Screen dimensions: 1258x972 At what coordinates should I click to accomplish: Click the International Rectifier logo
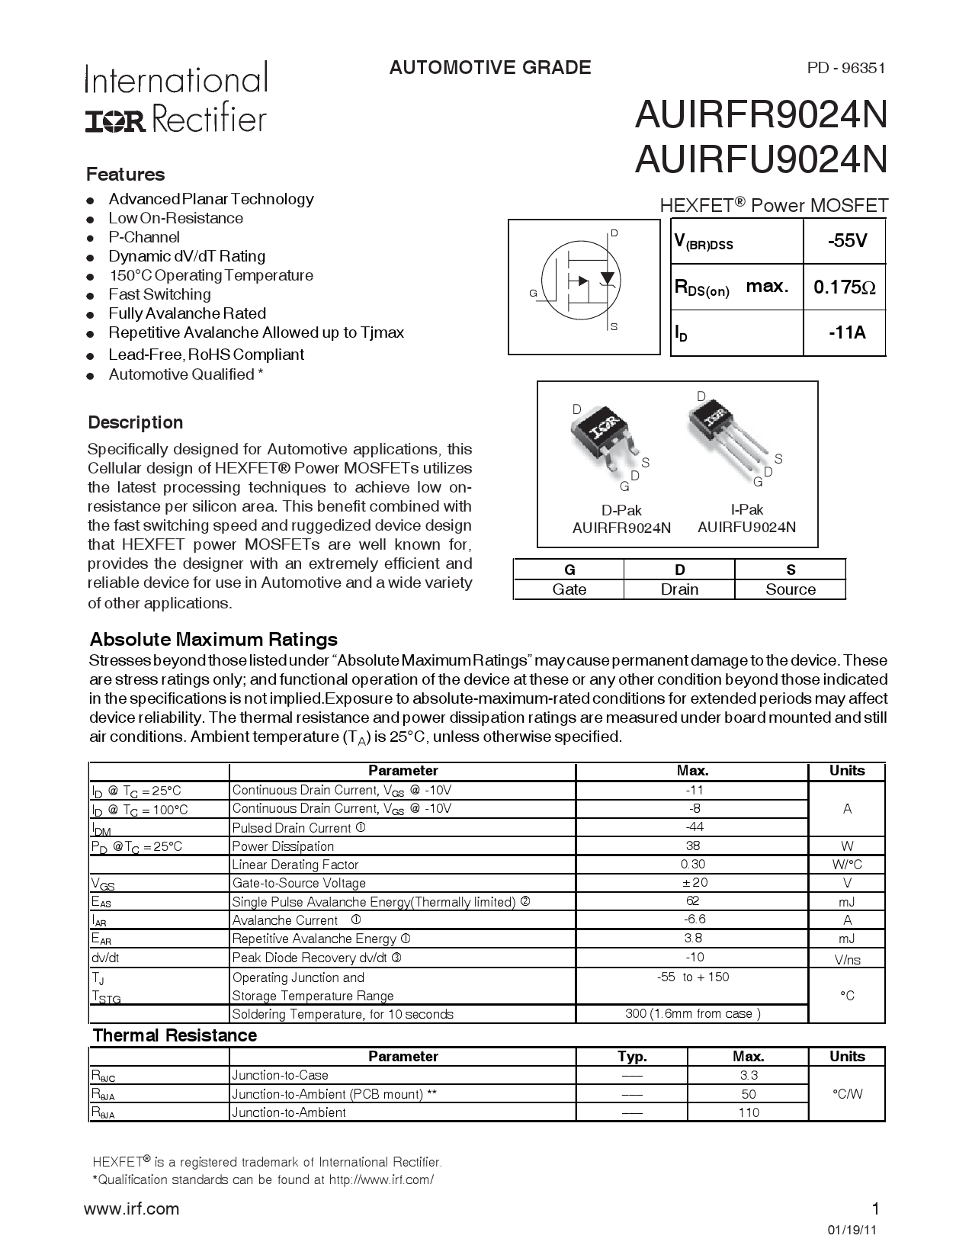(176, 97)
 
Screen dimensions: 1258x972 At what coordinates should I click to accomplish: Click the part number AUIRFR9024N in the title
(761, 116)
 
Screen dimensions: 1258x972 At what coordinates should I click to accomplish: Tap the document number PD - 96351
(846, 68)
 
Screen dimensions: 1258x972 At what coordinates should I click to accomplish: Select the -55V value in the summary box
(847, 241)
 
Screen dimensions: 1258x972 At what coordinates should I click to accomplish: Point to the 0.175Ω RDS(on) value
(844, 287)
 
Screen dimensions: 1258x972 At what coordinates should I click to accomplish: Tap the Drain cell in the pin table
(679, 589)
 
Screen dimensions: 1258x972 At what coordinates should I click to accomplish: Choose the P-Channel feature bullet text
(144, 237)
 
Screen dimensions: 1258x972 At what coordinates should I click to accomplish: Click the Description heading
(136, 422)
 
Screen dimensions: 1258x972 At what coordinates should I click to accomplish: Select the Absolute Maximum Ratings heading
(213, 639)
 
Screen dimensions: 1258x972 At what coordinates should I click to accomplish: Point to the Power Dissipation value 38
(692, 846)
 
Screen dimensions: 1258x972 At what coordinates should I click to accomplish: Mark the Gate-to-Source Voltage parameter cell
(299, 883)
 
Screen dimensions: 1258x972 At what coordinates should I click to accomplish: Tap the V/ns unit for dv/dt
(847, 959)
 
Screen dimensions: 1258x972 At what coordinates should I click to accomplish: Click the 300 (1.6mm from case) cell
(692, 1014)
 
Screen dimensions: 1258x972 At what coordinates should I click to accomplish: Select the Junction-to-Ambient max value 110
(749, 1112)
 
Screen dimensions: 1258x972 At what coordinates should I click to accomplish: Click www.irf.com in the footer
(131, 1208)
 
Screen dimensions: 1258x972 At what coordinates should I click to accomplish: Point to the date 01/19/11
(852, 1231)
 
